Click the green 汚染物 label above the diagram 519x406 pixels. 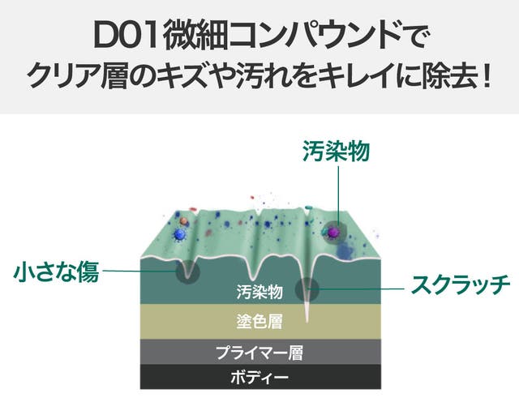tap(333, 151)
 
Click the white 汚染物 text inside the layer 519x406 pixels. tap(259, 290)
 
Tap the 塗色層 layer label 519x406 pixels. tap(259, 322)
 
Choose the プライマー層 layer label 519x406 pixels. tap(259, 353)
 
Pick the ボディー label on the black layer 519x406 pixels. tap(259, 377)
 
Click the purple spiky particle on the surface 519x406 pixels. tap(332, 233)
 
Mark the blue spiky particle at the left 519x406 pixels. tap(180, 234)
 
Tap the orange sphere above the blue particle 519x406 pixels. tap(184, 220)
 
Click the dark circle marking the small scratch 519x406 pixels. tap(188, 271)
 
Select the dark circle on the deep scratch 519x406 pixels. tap(308, 288)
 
